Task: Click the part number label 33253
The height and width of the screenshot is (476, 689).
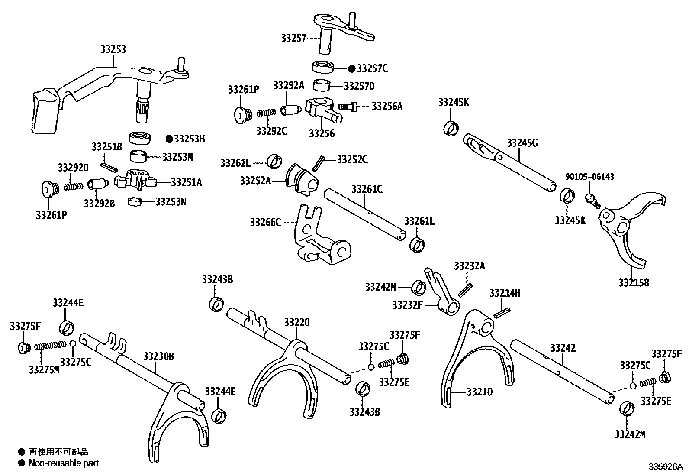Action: (113, 49)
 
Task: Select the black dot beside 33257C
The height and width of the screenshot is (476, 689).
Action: (351, 68)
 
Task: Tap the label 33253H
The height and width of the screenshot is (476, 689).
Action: (189, 139)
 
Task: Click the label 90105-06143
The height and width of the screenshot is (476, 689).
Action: (589, 177)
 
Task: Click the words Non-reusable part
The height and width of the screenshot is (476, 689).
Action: (63, 463)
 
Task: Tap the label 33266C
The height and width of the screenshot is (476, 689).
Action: (265, 223)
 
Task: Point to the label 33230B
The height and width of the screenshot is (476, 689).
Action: (159, 356)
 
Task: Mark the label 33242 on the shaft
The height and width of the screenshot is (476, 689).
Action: (563, 348)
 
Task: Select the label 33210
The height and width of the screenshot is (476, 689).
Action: (480, 392)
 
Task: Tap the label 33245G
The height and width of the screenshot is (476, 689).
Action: (522, 143)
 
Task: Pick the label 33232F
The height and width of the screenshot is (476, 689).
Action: (407, 305)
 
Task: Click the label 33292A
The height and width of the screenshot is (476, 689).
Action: (289, 85)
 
